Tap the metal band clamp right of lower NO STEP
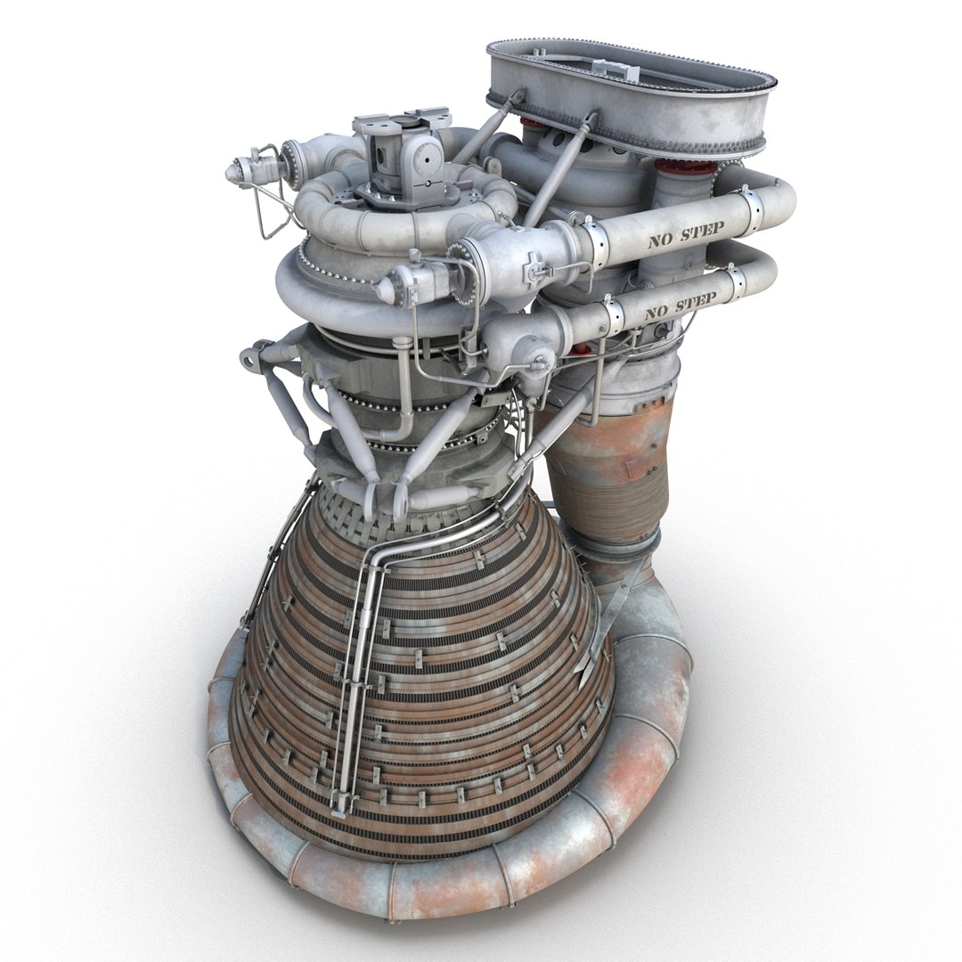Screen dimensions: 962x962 coord(736,283)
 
